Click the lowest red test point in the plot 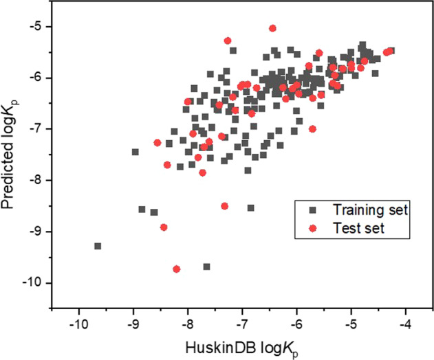point(177,269)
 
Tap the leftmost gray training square point(98,246)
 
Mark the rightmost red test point point(390,51)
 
